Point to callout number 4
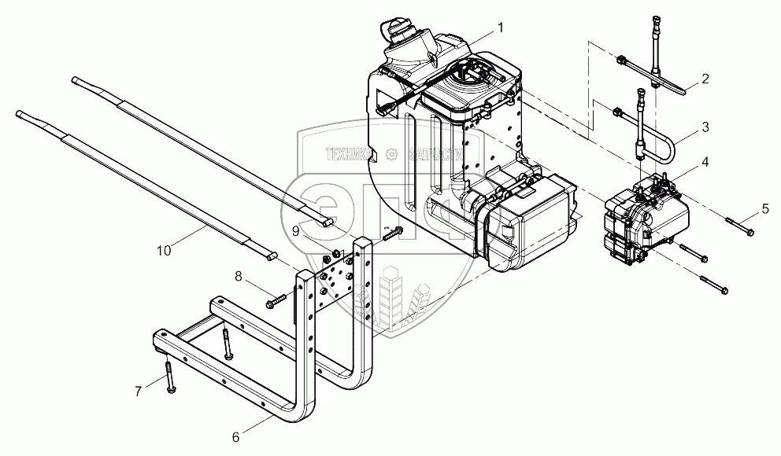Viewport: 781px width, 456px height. click(705, 162)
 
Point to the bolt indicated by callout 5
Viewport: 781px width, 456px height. click(739, 226)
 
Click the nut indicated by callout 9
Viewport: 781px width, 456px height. click(335, 253)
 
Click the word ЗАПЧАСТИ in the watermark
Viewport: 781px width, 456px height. click(434, 154)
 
